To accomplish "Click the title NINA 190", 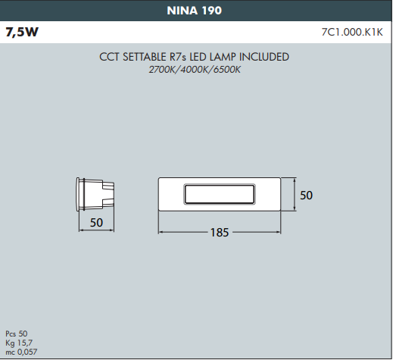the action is (x=194, y=11).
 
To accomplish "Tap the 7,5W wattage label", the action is (x=22, y=32).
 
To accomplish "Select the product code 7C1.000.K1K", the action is (x=352, y=32).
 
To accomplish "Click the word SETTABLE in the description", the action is (x=145, y=57).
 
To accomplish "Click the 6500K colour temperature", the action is (x=227, y=70).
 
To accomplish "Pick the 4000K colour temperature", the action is (x=194, y=70).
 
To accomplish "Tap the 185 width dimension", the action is (x=220, y=233).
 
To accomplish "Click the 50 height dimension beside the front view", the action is (x=306, y=196).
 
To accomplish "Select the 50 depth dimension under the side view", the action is (x=96, y=223).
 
